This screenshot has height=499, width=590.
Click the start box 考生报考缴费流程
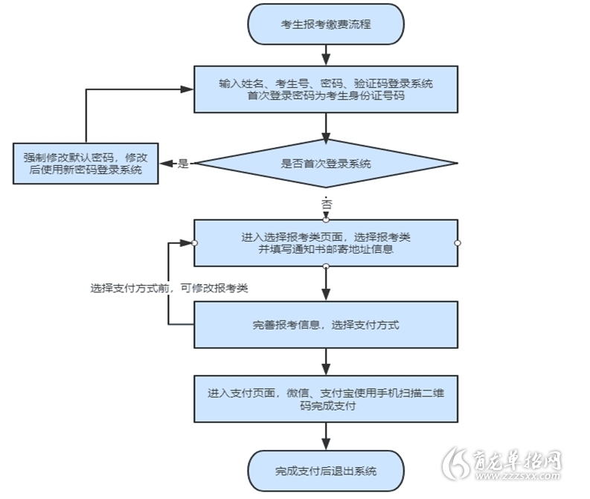click(326, 24)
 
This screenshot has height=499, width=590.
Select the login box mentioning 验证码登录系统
click(326, 89)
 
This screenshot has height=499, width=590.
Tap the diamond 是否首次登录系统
click(326, 163)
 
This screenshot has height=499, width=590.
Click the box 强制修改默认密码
click(86, 164)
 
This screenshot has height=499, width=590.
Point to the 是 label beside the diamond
click(183, 164)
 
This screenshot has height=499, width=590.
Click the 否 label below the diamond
click(326, 205)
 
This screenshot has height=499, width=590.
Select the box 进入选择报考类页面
click(326, 243)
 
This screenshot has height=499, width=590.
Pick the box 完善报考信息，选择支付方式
click(326, 324)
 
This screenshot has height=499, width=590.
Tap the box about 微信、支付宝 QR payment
click(326, 399)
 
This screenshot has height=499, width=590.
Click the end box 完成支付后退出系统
click(326, 471)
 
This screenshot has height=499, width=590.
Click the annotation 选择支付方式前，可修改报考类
click(169, 288)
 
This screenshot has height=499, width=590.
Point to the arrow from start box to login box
click(326, 55)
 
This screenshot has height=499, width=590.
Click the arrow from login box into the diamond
click(326, 128)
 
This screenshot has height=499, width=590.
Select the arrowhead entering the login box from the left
click(187, 89)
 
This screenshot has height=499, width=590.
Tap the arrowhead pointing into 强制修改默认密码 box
click(166, 164)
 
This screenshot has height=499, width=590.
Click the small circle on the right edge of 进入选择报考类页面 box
click(458, 243)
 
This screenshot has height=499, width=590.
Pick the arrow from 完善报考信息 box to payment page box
click(326, 361)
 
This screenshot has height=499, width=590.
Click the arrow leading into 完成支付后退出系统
click(326, 437)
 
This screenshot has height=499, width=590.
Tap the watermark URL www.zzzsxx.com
click(518, 476)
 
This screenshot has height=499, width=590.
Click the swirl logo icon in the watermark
click(455, 463)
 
